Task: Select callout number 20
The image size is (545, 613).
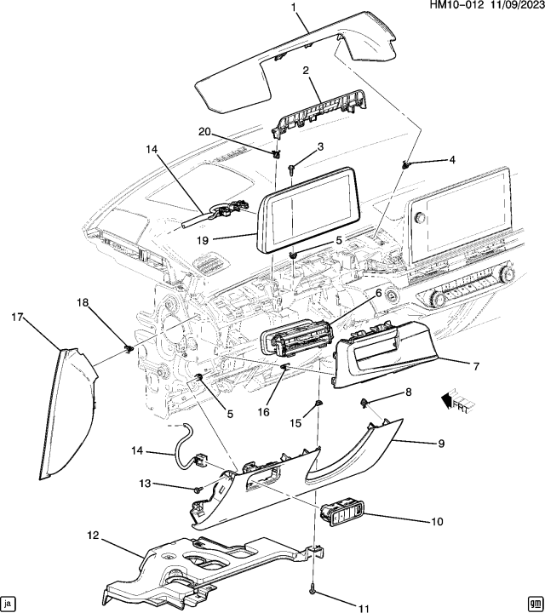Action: (204, 131)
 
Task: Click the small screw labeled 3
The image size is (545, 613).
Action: (290, 169)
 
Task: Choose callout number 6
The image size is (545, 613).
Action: (377, 293)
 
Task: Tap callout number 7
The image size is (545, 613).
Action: (476, 366)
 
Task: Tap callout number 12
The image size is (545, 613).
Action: (91, 536)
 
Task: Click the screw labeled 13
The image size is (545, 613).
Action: (197, 490)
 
